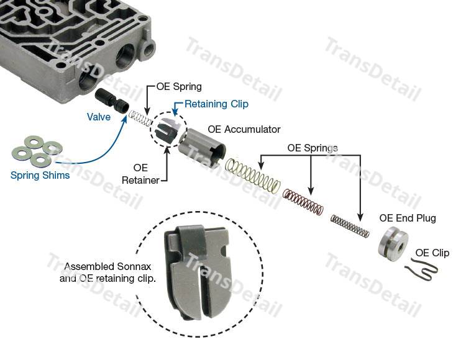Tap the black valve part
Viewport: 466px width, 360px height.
pos(112,101)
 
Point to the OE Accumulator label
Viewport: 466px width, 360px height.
pos(244,130)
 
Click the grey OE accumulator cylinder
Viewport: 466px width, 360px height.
pos(203,146)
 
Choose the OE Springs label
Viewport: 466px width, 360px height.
pos(312,148)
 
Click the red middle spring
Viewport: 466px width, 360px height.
pos(303,202)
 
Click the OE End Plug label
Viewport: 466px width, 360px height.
pos(408,218)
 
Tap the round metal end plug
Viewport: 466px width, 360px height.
pos(393,244)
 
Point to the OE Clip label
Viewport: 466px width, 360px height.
pos(432,253)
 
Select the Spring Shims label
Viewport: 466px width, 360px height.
pos(40,175)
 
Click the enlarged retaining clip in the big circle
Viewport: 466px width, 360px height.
pos(199,270)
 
